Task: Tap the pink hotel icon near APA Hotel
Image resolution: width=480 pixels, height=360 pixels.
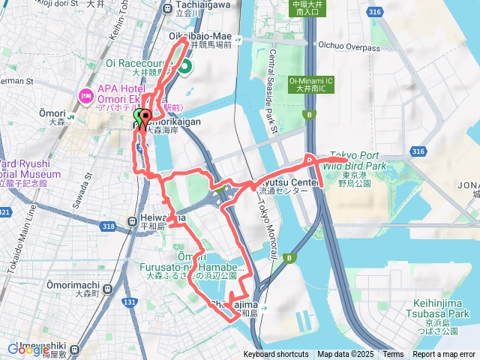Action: pyautogui.click(x=84, y=96)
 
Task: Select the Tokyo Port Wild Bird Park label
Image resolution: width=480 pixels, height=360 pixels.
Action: pyautogui.click(x=355, y=160)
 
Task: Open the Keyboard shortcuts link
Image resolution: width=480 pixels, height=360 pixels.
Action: pyautogui.click(x=275, y=355)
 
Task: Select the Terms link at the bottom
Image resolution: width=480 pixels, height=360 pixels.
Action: pyautogui.click(x=393, y=355)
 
